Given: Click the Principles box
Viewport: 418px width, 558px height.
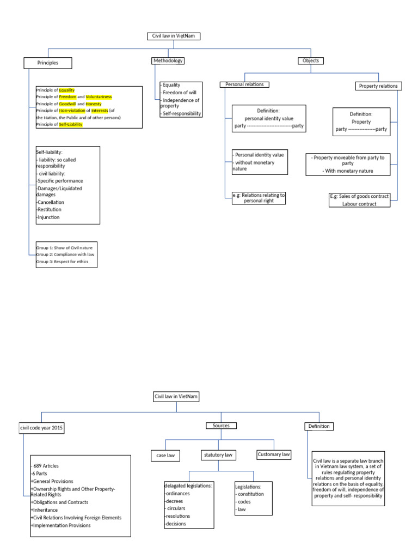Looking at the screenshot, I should [48, 63].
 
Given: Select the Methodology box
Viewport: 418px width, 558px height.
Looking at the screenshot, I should [168, 60].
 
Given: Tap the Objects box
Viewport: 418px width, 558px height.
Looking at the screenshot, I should [311, 60].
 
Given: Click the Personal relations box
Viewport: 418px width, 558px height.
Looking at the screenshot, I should [244, 84].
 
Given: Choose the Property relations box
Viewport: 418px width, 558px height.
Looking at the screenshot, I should [378, 86].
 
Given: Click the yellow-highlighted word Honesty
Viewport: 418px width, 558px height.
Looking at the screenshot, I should [94, 104].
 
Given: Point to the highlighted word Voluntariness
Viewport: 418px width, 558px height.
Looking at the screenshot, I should [99, 96].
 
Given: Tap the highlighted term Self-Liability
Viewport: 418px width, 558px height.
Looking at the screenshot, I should [71, 124].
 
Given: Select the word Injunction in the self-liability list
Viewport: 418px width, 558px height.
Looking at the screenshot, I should [48, 217].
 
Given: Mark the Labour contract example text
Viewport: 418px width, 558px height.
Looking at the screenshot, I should [360, 204].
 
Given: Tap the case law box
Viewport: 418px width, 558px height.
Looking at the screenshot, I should [165, 454].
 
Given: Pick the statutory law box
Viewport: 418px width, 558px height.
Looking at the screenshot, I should [218, 454].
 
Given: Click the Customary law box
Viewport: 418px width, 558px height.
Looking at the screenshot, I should [273, 454].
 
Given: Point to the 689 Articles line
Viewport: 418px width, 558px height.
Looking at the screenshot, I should [46, 466].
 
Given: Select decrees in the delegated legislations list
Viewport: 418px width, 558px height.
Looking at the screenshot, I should [175, 500].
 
